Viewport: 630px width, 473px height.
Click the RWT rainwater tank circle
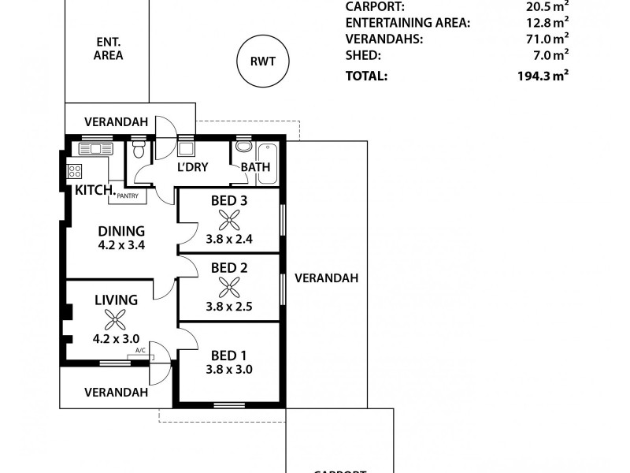point(263,61)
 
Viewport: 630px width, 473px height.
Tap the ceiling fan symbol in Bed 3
point(229,220)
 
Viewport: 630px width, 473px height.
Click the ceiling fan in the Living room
point(116,318)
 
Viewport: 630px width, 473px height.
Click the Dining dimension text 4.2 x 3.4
point(121,245)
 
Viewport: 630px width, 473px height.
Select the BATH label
point(255,167)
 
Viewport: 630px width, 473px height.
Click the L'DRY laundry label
point(192,167)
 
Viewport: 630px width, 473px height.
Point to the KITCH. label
point(95,191)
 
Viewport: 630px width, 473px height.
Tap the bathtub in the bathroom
point(267,162)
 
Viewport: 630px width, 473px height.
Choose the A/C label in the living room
point(140,350)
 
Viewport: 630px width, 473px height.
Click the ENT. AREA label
point(108,49)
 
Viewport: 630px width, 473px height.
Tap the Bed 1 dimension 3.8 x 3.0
point(229,368)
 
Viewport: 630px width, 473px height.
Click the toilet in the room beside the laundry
point(139,151)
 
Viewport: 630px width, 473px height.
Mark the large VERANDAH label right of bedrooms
point(326,278)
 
